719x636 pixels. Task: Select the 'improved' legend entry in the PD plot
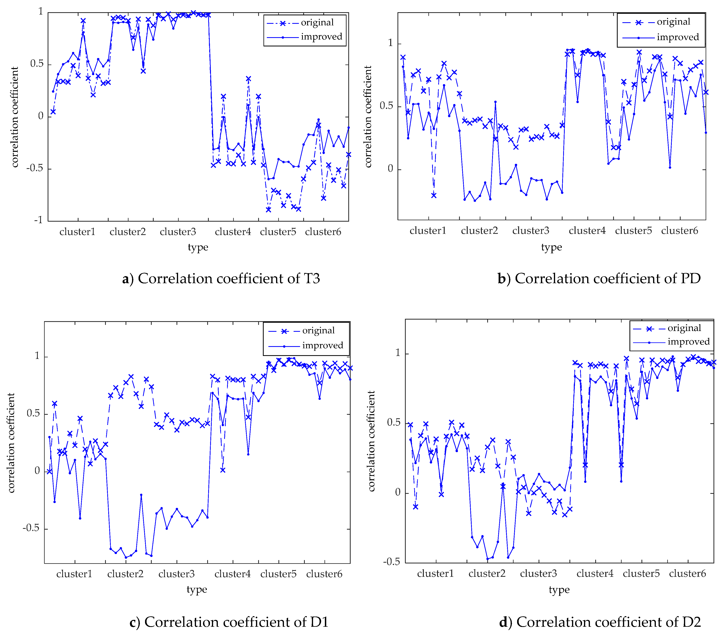pyautogui.click(x=677, y=37)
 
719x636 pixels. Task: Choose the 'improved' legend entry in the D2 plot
pyautogui.click(x=688, y=342)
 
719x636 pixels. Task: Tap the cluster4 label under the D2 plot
pyautogui.click(x=595, y=574)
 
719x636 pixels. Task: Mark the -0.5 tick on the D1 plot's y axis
pyautogui.click(x=31, y=528)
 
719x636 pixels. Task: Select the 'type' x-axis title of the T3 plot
pyautogui.click(x=198, y=247)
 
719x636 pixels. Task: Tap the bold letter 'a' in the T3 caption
pyautogui.click(x=125, y=279)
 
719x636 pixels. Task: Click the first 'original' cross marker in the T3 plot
pyautogui.click(x=53, y=112)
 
